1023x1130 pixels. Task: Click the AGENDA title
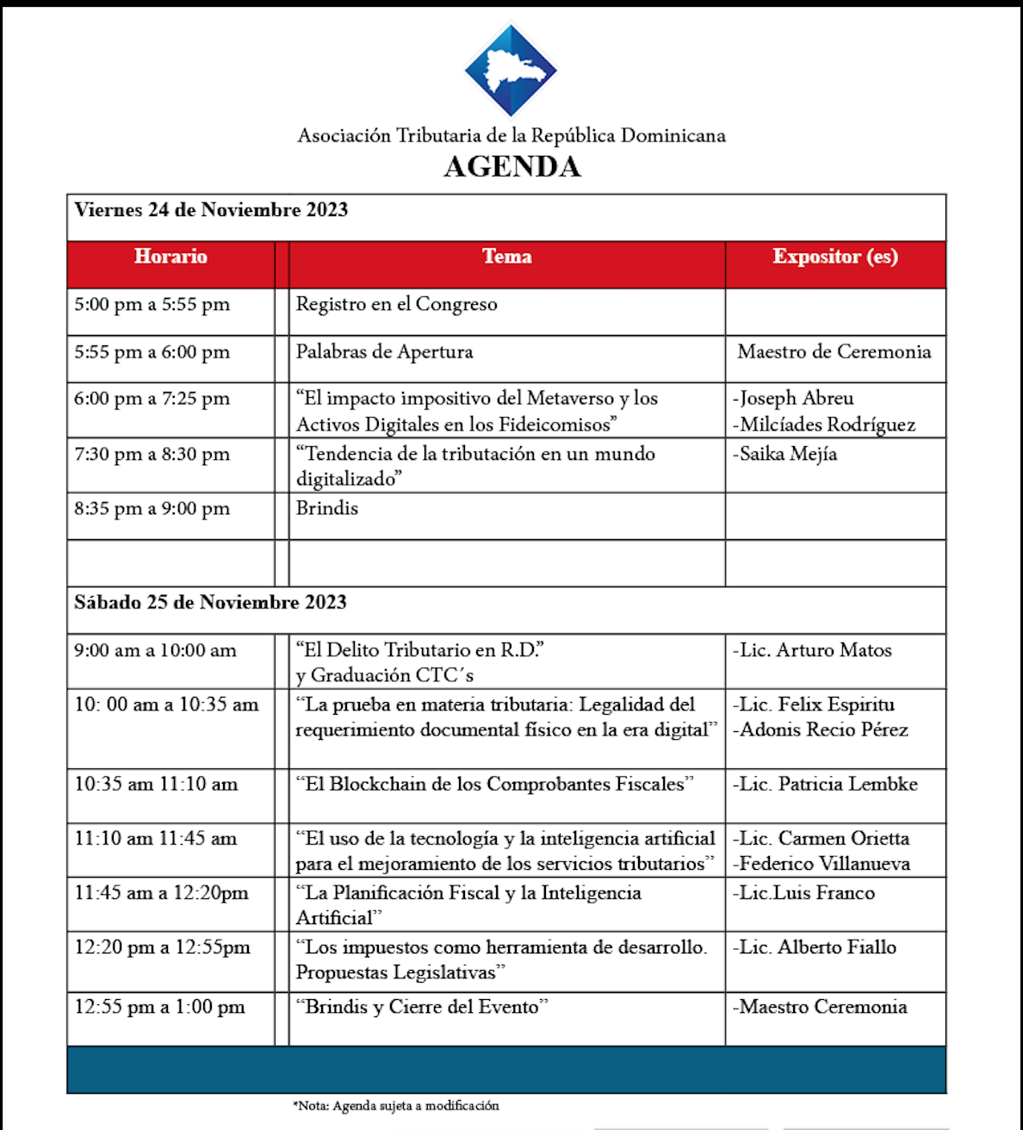click(512, 166)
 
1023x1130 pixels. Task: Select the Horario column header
click(170, 257)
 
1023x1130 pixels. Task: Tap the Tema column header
click(506, 257)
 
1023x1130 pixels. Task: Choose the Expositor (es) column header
click(835, 257)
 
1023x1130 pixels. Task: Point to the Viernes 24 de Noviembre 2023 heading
click(211, 210)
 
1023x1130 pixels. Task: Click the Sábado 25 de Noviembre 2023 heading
click(210, 603)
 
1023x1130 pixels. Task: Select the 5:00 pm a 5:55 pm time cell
click(152, 305)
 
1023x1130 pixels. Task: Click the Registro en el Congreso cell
click(396, 305)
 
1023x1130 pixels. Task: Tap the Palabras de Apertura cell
click(384, 352)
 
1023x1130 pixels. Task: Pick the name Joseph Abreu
click(794, 399)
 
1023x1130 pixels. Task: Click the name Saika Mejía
click(785, 454)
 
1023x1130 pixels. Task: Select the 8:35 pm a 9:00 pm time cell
click(152, 509)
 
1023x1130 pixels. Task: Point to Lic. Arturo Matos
click(813, 650)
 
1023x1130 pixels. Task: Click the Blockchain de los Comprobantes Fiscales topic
click(494, 785)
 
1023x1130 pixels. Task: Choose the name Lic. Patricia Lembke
click(826, 785)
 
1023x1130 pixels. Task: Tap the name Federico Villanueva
click(822, 864)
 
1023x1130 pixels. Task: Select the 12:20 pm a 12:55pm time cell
click(162, 948)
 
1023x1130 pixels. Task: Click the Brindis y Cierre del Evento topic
click(422, 1007)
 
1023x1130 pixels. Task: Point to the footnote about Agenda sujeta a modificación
click(396, 1106)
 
